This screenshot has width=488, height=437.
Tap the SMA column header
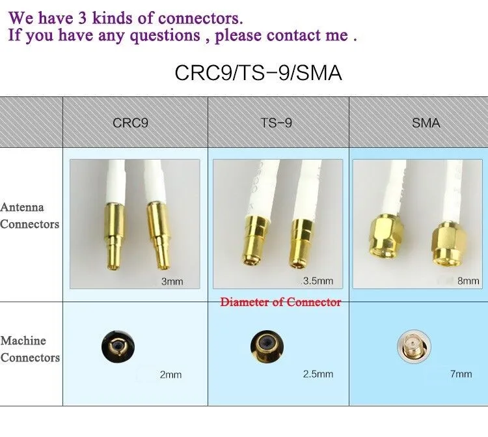(x=426, y=122)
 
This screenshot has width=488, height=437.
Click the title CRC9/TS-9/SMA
(x=258, y=72)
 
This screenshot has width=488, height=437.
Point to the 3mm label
(x=172, y=282)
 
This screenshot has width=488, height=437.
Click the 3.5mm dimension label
(x=318, y=281)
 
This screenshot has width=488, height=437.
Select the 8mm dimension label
(x=468, y=281)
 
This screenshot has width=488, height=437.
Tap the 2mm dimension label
(x=170, y=374)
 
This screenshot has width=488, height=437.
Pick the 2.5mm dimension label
(x=318, y=374)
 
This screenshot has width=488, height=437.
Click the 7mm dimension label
(x=461, y=374)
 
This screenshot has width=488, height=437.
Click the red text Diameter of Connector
(x=280, y=302)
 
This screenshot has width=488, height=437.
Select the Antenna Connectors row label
(x=29, y=216)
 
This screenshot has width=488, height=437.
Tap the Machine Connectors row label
(x=30, y=349)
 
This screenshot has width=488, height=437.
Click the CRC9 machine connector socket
(x=118, y=346)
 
